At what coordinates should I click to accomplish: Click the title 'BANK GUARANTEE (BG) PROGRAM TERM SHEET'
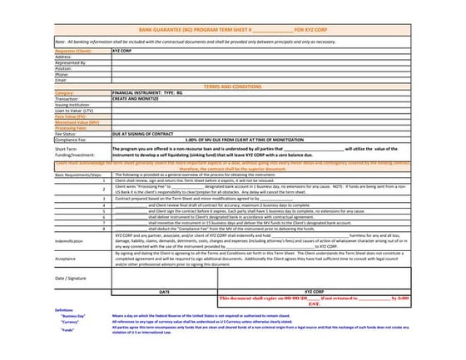(200, 29)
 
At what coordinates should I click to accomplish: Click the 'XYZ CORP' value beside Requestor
(121, 50)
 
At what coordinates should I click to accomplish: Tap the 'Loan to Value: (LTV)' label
(75, 110)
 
